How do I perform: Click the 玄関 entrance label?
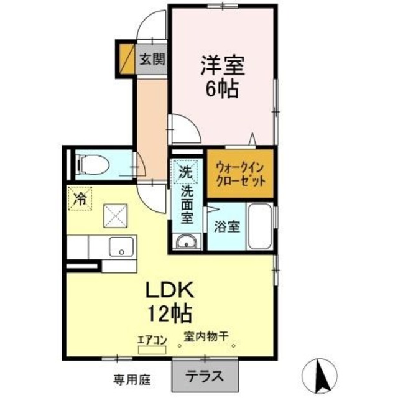tap(152, 60)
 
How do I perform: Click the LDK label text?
tap(171, 290)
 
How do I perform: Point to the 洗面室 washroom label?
tap(186, 207)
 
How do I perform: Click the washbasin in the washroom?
tap(186, 242)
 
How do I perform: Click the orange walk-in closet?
tap(240, 175)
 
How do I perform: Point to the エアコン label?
tap(152, 340)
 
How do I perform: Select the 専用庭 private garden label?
tap(132, 378)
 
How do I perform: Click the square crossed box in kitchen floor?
tap(115, 216)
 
